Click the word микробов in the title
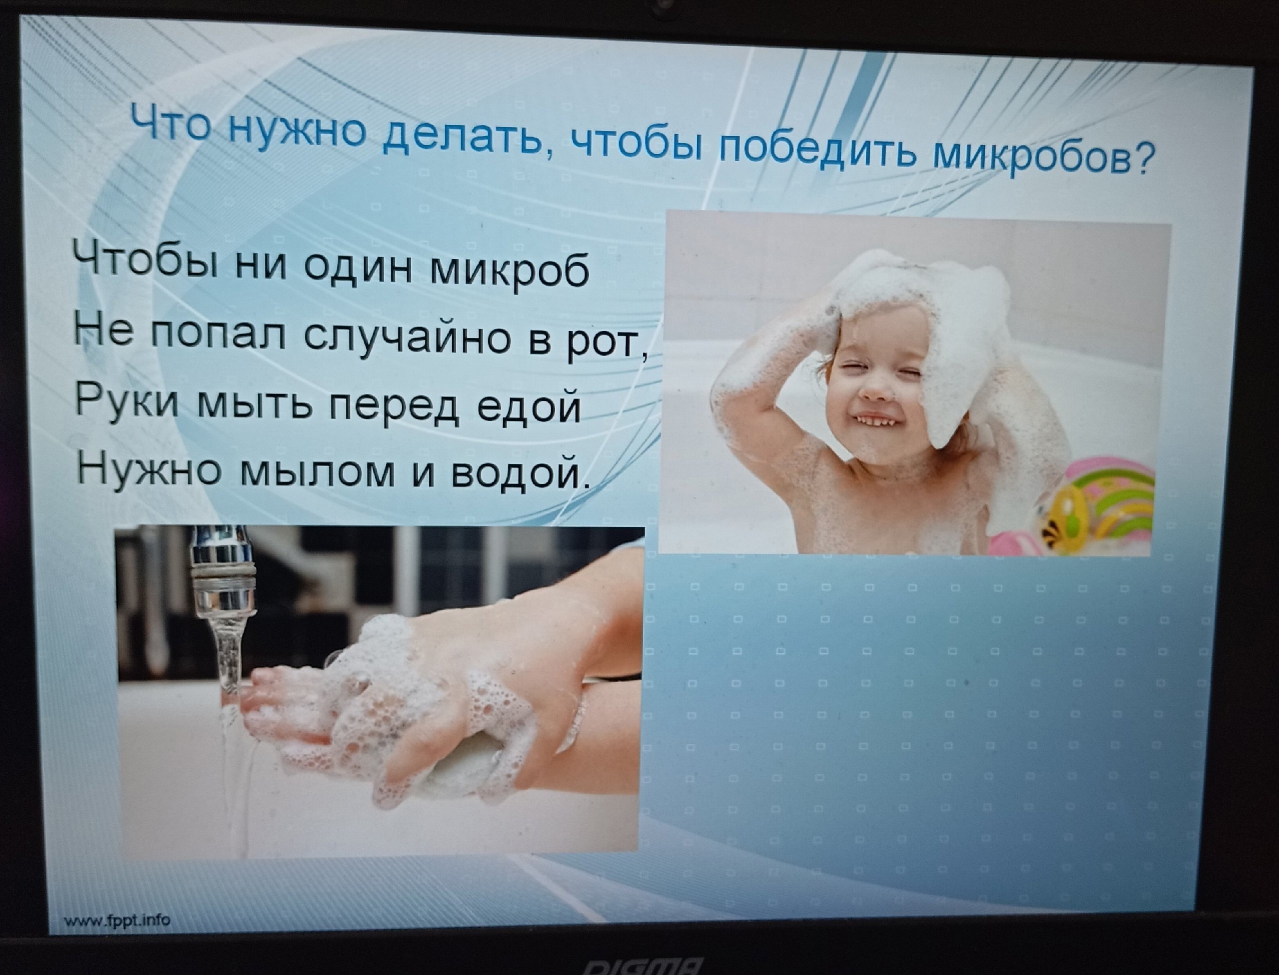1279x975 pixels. point(1031,156)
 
